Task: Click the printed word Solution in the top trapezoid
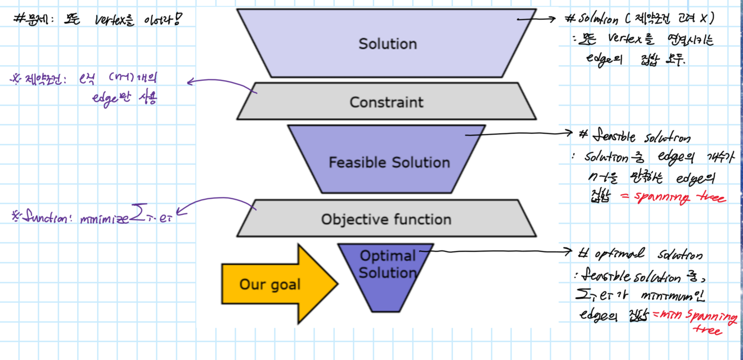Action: coord(388,44)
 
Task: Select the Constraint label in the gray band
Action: coord(386,102)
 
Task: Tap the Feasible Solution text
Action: coord(389,162)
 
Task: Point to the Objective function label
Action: coord(386,219)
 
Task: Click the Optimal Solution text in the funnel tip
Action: coord(388,264)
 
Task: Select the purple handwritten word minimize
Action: coord(104,218)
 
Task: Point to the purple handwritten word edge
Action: coord(104,98)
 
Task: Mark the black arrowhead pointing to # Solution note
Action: coord(552,19)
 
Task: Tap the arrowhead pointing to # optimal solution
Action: coord(569,252)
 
